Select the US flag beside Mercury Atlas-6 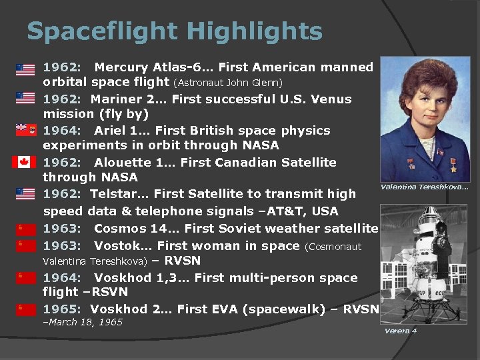[x=25, y=69]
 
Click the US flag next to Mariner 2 [x=25, y=98]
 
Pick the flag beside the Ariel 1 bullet [x=25, y=129]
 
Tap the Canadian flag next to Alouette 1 [x=25, y=162]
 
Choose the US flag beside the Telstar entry [x=25, y=194]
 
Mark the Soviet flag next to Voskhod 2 [x=25, y=309]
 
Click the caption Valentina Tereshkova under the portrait [x=424, y=187]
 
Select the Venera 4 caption [x=401, y=331]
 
